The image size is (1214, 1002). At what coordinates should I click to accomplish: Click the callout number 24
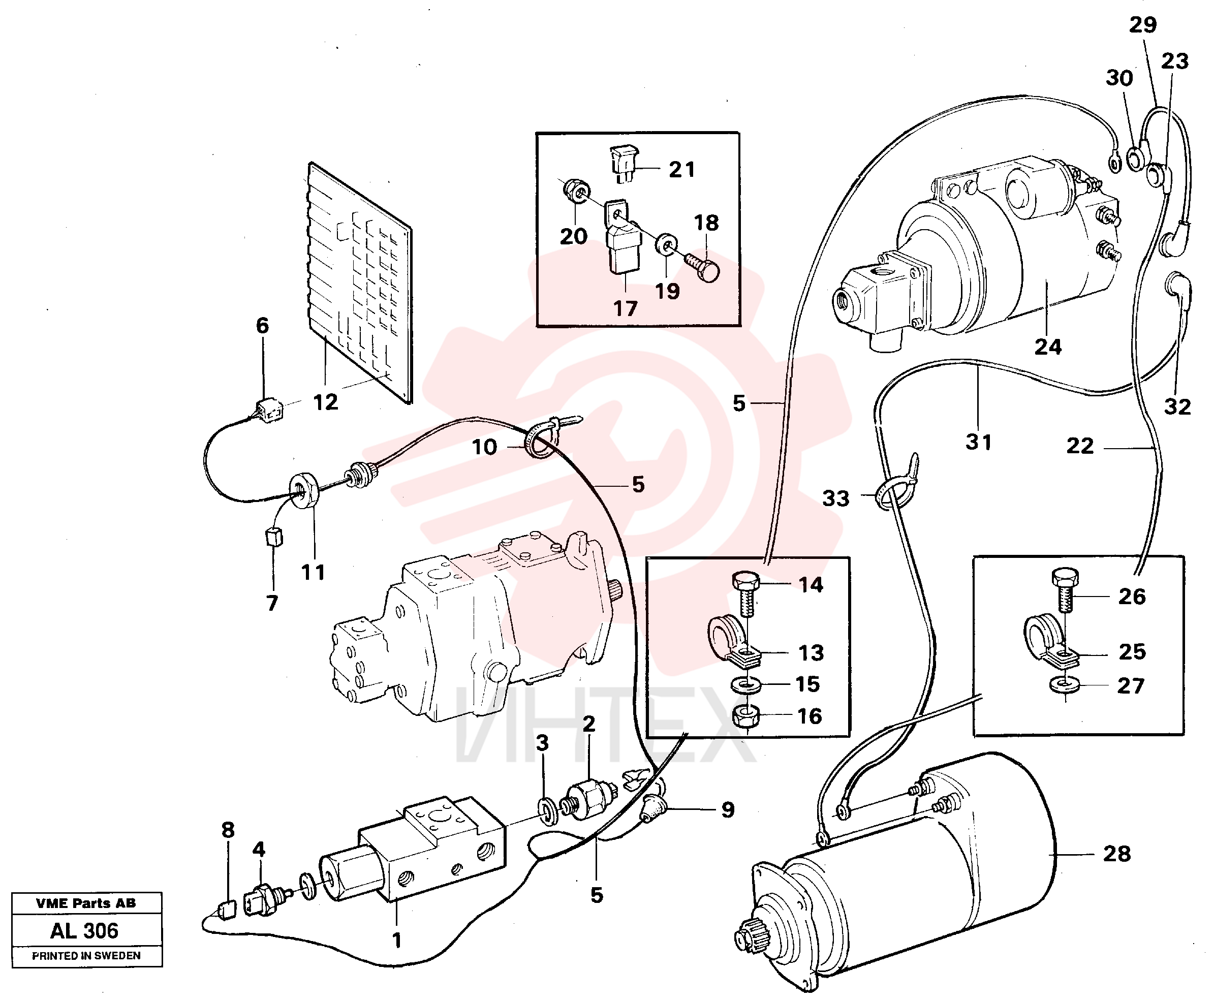[1048, 347]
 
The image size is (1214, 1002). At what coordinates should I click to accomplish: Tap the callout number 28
[1116, 854]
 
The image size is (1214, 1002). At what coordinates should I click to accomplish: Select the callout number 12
[325, 402]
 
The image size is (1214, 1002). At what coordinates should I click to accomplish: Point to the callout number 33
[835, 498]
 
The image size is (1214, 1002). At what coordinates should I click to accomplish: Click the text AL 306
[84, 931]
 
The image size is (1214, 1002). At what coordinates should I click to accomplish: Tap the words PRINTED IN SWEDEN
[86, 956]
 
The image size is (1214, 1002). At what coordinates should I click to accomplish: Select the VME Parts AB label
[86, 903]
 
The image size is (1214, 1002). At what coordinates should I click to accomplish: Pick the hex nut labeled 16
[745, 717]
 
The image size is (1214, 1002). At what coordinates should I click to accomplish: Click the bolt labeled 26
[1065, 590]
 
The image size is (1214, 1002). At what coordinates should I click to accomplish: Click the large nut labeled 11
[303, 490]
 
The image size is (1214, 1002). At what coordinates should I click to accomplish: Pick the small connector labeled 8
[226, 910]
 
